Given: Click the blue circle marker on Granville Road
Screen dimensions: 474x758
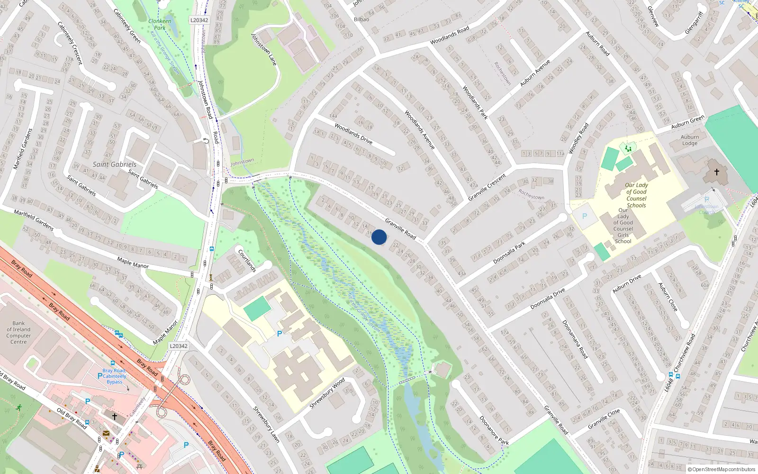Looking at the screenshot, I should (x=379, y=237).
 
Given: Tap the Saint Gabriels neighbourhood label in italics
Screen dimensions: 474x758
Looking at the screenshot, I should (x=114, y=164).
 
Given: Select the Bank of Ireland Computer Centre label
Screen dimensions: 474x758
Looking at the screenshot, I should (x=18, y=332).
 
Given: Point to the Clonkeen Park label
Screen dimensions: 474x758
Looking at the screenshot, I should (x=160, y=24).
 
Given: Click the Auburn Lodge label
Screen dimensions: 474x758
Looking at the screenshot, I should (x=690, y=140).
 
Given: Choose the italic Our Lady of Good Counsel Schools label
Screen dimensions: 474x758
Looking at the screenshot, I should (x=636, y=195).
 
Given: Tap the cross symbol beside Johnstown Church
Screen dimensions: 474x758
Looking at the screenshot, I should (x=716, y=172).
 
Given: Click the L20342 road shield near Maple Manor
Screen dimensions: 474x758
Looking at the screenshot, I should (x=179, y=346).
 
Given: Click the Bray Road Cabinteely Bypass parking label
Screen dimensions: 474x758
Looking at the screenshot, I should (x=114, y=376).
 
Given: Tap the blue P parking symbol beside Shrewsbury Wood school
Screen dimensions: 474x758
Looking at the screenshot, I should (x=280, y=334).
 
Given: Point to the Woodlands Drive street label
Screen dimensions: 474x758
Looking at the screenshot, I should (x=353, y=134).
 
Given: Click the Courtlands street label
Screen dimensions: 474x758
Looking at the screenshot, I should (x=247, y=261).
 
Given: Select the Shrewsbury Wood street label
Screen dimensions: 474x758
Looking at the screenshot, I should (x=327, y=393).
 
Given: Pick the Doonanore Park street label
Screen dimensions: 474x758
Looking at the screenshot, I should (x=494, y=431).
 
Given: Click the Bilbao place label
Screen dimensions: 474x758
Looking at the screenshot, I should (x=361, y=19).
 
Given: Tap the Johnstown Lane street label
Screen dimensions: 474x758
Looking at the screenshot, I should (x=263, y=49).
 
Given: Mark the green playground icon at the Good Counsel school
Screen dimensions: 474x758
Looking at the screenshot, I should (x=628, y=149).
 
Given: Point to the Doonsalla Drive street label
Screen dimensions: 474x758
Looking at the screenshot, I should (x=547, y=299).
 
